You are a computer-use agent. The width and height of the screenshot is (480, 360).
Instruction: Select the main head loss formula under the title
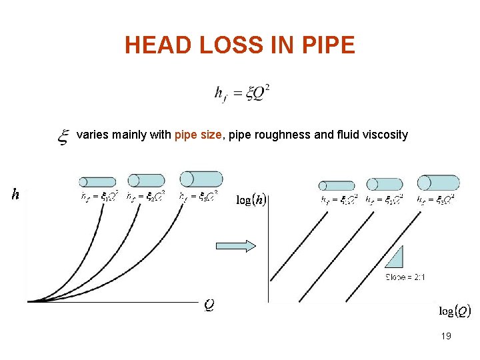point(242,93)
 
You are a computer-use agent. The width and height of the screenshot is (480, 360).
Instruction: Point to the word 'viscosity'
point(385,135)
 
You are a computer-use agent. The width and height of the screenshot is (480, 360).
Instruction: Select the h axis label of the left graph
point(15,194)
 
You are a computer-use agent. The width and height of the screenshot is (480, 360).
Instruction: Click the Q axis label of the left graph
point(209,305)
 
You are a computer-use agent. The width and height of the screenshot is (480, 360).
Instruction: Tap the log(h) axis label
point(252,200)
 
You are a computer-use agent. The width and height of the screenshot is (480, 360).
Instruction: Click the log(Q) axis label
point(455,311)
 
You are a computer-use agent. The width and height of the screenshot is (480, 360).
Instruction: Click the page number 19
point(446,336)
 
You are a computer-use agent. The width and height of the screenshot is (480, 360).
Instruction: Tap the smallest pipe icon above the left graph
point(97,182)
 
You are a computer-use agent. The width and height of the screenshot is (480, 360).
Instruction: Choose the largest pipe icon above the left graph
point(201,179)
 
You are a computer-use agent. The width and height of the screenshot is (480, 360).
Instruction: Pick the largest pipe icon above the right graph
point(439,183)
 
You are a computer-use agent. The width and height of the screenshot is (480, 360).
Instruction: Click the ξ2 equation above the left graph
point(146,197)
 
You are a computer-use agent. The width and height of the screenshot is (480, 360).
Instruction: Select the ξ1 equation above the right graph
point(338,199)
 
